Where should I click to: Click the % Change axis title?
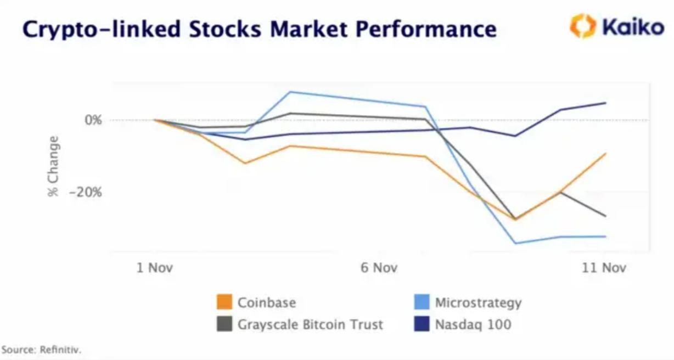point(53,166)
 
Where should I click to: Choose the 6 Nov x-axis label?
point(379,268)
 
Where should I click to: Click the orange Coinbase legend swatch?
point(224,302)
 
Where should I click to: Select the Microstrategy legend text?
point(478,302)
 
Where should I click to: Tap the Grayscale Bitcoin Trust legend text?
point(310,324)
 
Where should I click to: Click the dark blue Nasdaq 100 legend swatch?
point(422,324)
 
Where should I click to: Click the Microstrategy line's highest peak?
point(290,92)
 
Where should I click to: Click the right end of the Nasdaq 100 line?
point(605,103)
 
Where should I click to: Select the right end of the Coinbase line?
point(605,154)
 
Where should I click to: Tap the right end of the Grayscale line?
point(605,216)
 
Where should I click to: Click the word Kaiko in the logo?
point(633,26)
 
